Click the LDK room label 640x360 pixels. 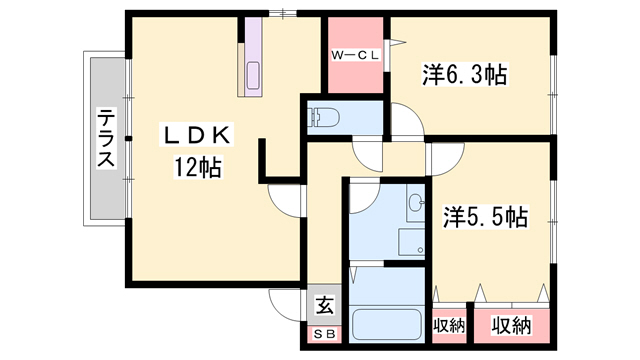point(196,136)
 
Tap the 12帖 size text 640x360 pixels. point(198,167)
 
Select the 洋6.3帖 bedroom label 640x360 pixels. point(465,75)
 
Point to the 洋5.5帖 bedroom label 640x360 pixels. point(486,216)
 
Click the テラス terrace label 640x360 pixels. point(106,138)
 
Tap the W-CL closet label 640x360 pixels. point(355,55)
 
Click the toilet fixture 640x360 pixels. point(325,118)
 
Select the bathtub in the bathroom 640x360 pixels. point(387,324)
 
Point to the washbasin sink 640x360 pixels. point(416,202)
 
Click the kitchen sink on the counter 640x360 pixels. point(253,75)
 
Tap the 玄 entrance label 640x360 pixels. point(325,306)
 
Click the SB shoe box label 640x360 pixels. point(325,334)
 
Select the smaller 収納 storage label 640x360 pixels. point(449,325)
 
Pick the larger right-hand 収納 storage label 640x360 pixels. point(511,325)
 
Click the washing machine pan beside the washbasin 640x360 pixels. point(412,242)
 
